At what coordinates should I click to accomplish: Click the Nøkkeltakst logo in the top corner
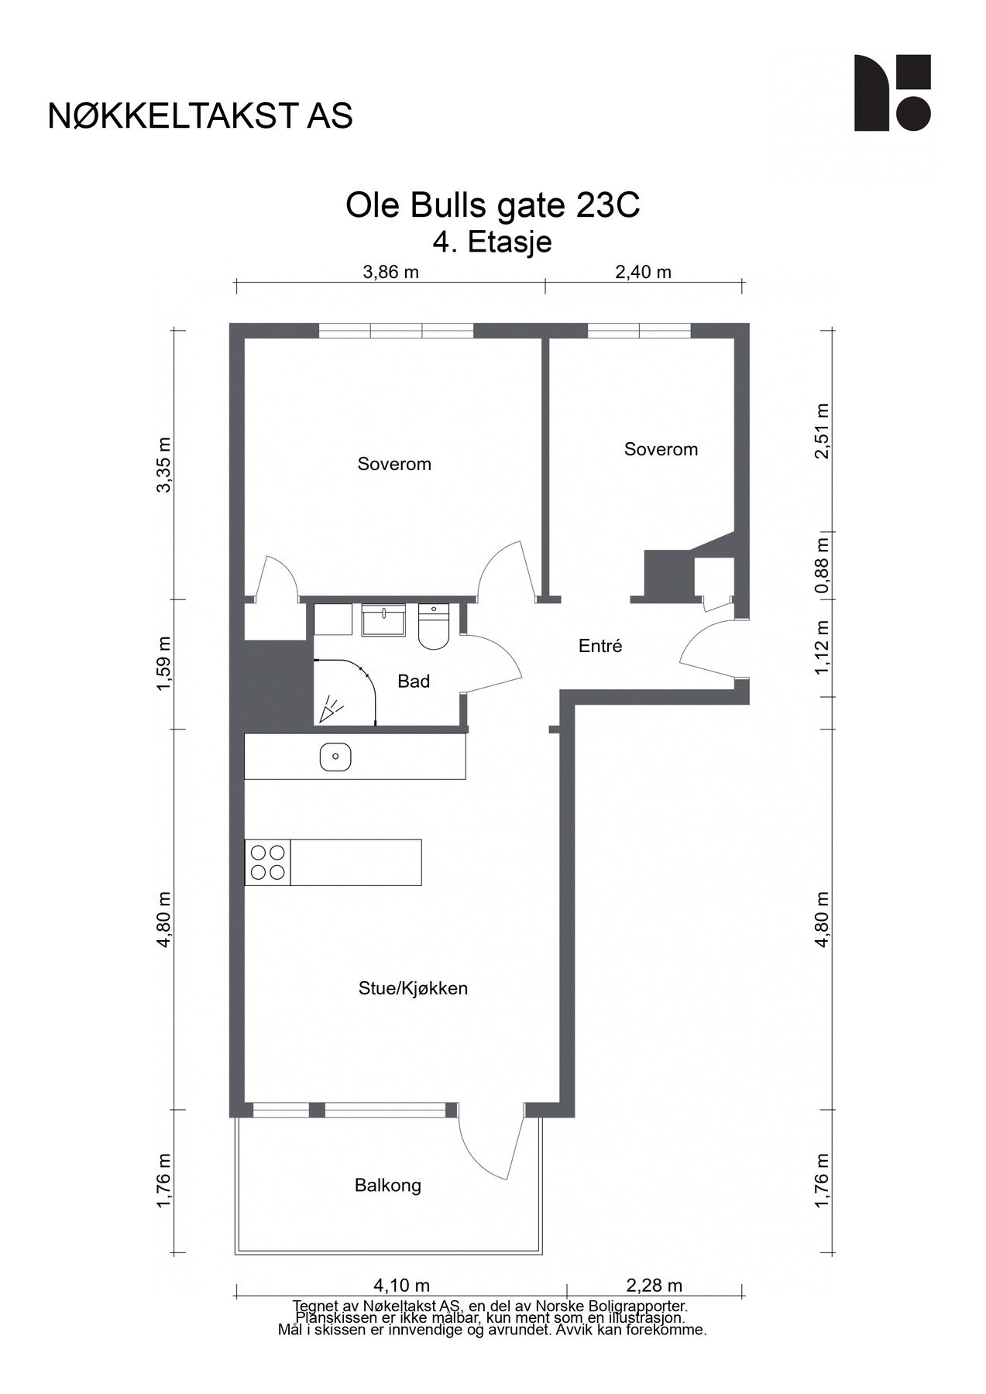point(892,93)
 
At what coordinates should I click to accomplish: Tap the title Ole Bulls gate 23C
point(493,206)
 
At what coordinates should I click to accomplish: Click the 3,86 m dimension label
point(390,272)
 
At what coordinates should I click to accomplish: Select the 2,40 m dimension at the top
point(643,272)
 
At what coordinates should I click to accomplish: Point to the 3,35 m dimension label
point(164,465)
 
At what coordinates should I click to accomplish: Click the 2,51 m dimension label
point(822,431)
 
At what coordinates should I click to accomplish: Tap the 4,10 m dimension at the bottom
point(401,1286)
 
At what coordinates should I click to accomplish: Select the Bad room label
point(414,682)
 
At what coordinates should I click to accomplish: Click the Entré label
point(600,646)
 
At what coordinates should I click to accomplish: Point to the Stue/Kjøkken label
point(413,989)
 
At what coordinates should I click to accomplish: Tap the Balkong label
point(388,1186)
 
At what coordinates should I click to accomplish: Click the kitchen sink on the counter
point(335,757)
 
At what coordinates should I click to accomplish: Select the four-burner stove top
point(267,862)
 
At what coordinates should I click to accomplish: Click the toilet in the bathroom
point(434,627)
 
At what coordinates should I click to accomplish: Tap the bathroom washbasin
point(384,620)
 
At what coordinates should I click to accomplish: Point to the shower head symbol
point(332,709)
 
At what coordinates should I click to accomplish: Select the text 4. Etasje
point(493,242)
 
